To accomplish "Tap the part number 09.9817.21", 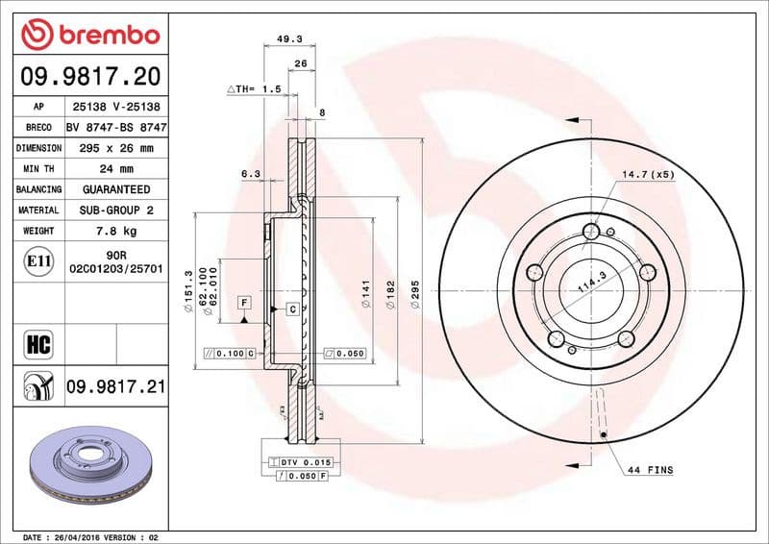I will tap(116, 387).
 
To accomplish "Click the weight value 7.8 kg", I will tap(116, 231).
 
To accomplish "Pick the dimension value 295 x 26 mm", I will tap(116, 149).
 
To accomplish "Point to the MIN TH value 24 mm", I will tap(116, 169).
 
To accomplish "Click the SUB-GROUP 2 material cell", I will tap(116, 210).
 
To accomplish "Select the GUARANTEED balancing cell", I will tap(116, 189).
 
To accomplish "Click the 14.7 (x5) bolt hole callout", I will tap(649, 175).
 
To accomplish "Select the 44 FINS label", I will tap(650, 470).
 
